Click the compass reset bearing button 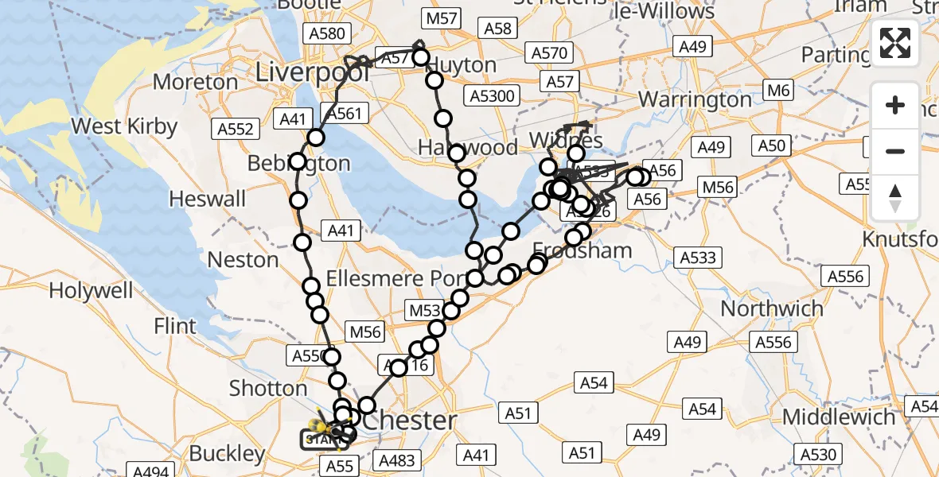coord(895,198)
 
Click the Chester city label coord(411,420)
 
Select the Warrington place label coord(695,99)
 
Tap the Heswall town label coord(208,199)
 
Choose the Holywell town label coord(91,290)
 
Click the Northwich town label coord(772,308)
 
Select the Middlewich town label coord(839,417)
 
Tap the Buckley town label coord(227,453)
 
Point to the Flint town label coord(175,326)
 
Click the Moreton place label coord(196,82)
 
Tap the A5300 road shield coord(493,97)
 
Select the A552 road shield coord(236,129)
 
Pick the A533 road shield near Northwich coord(697,257)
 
